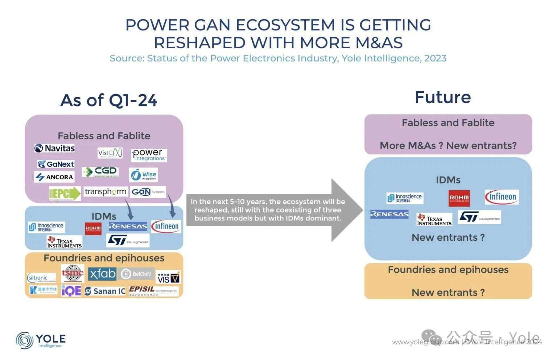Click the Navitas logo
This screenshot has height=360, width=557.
(54, 148)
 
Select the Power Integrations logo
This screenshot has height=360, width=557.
(149, 155)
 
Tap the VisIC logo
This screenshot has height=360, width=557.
(110, 153)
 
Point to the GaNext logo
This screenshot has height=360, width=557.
(56, 164)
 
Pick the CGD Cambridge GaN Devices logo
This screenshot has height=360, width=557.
(100, 172)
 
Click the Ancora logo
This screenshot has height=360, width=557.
(54, 177)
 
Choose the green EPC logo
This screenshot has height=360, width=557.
(65, 194)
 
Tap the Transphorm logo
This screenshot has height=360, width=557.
(106, 191)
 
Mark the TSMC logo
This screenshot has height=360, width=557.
(73, 273)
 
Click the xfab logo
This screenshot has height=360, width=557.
(102, 274)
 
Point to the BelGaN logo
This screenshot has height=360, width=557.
(137, 274)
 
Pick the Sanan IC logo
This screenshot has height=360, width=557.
(105, 291)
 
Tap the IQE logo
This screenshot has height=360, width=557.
(71, 290)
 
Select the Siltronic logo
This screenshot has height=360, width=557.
(41, 278)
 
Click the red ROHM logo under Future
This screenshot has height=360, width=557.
(459, 198)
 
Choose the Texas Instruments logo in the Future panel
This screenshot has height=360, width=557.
(434, 220)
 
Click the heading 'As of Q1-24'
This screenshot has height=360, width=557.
(109, 100)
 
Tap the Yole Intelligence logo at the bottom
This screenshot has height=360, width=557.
(41, 340)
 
